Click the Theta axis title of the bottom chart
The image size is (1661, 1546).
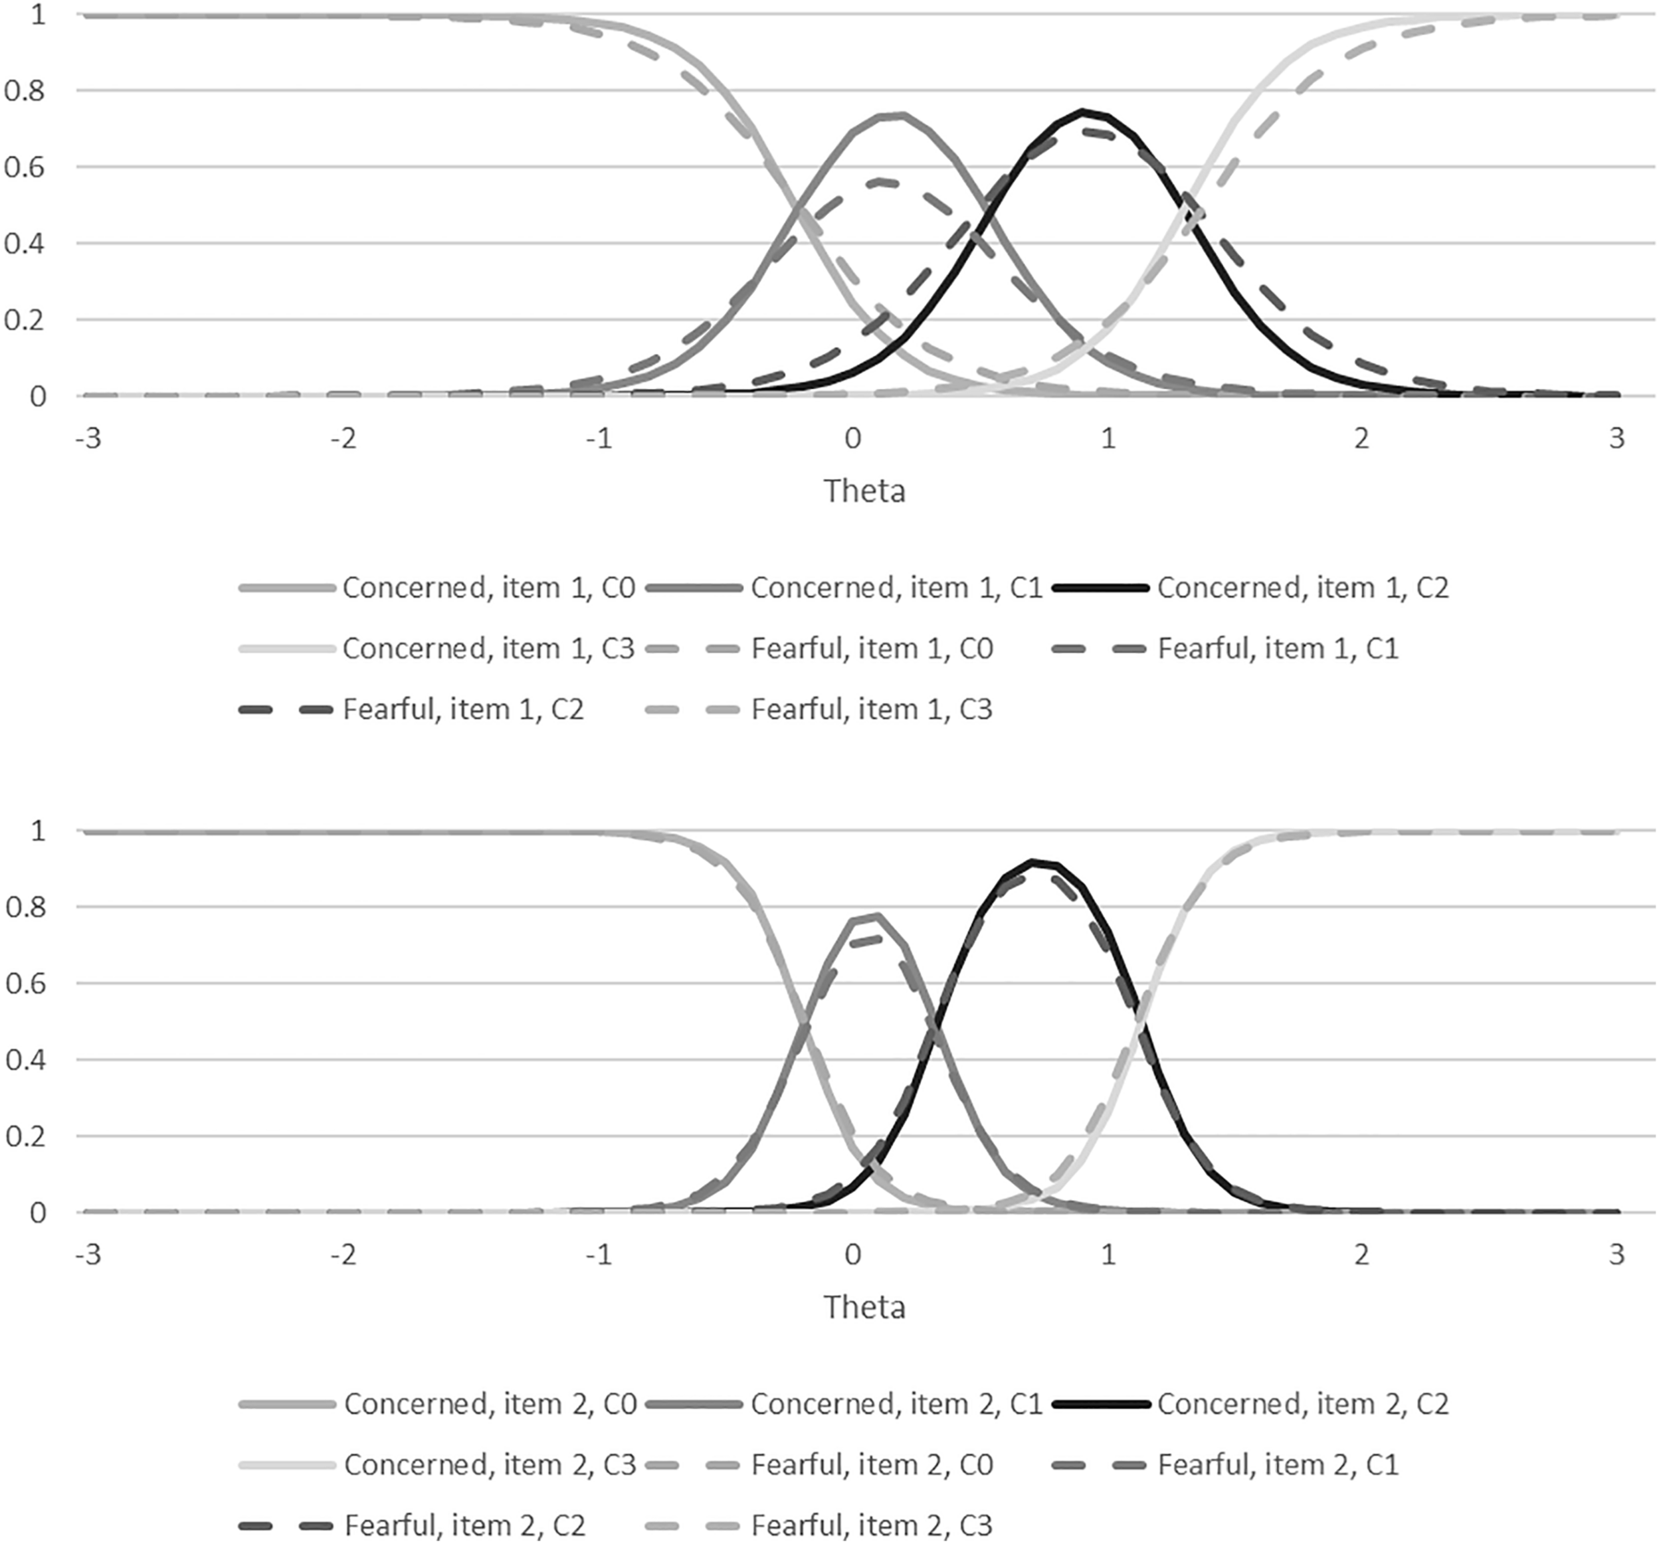pos(864,1307)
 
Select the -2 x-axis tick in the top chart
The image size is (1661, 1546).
pos(343,438)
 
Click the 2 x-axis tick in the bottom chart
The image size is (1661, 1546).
pos(1362,1254)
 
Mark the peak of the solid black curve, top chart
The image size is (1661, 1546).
pos(1083,111)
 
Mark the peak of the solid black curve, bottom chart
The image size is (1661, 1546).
pos(1034,861)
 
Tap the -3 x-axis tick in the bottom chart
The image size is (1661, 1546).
pos(88,1254)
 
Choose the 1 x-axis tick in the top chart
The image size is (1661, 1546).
pos(1107,438)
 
